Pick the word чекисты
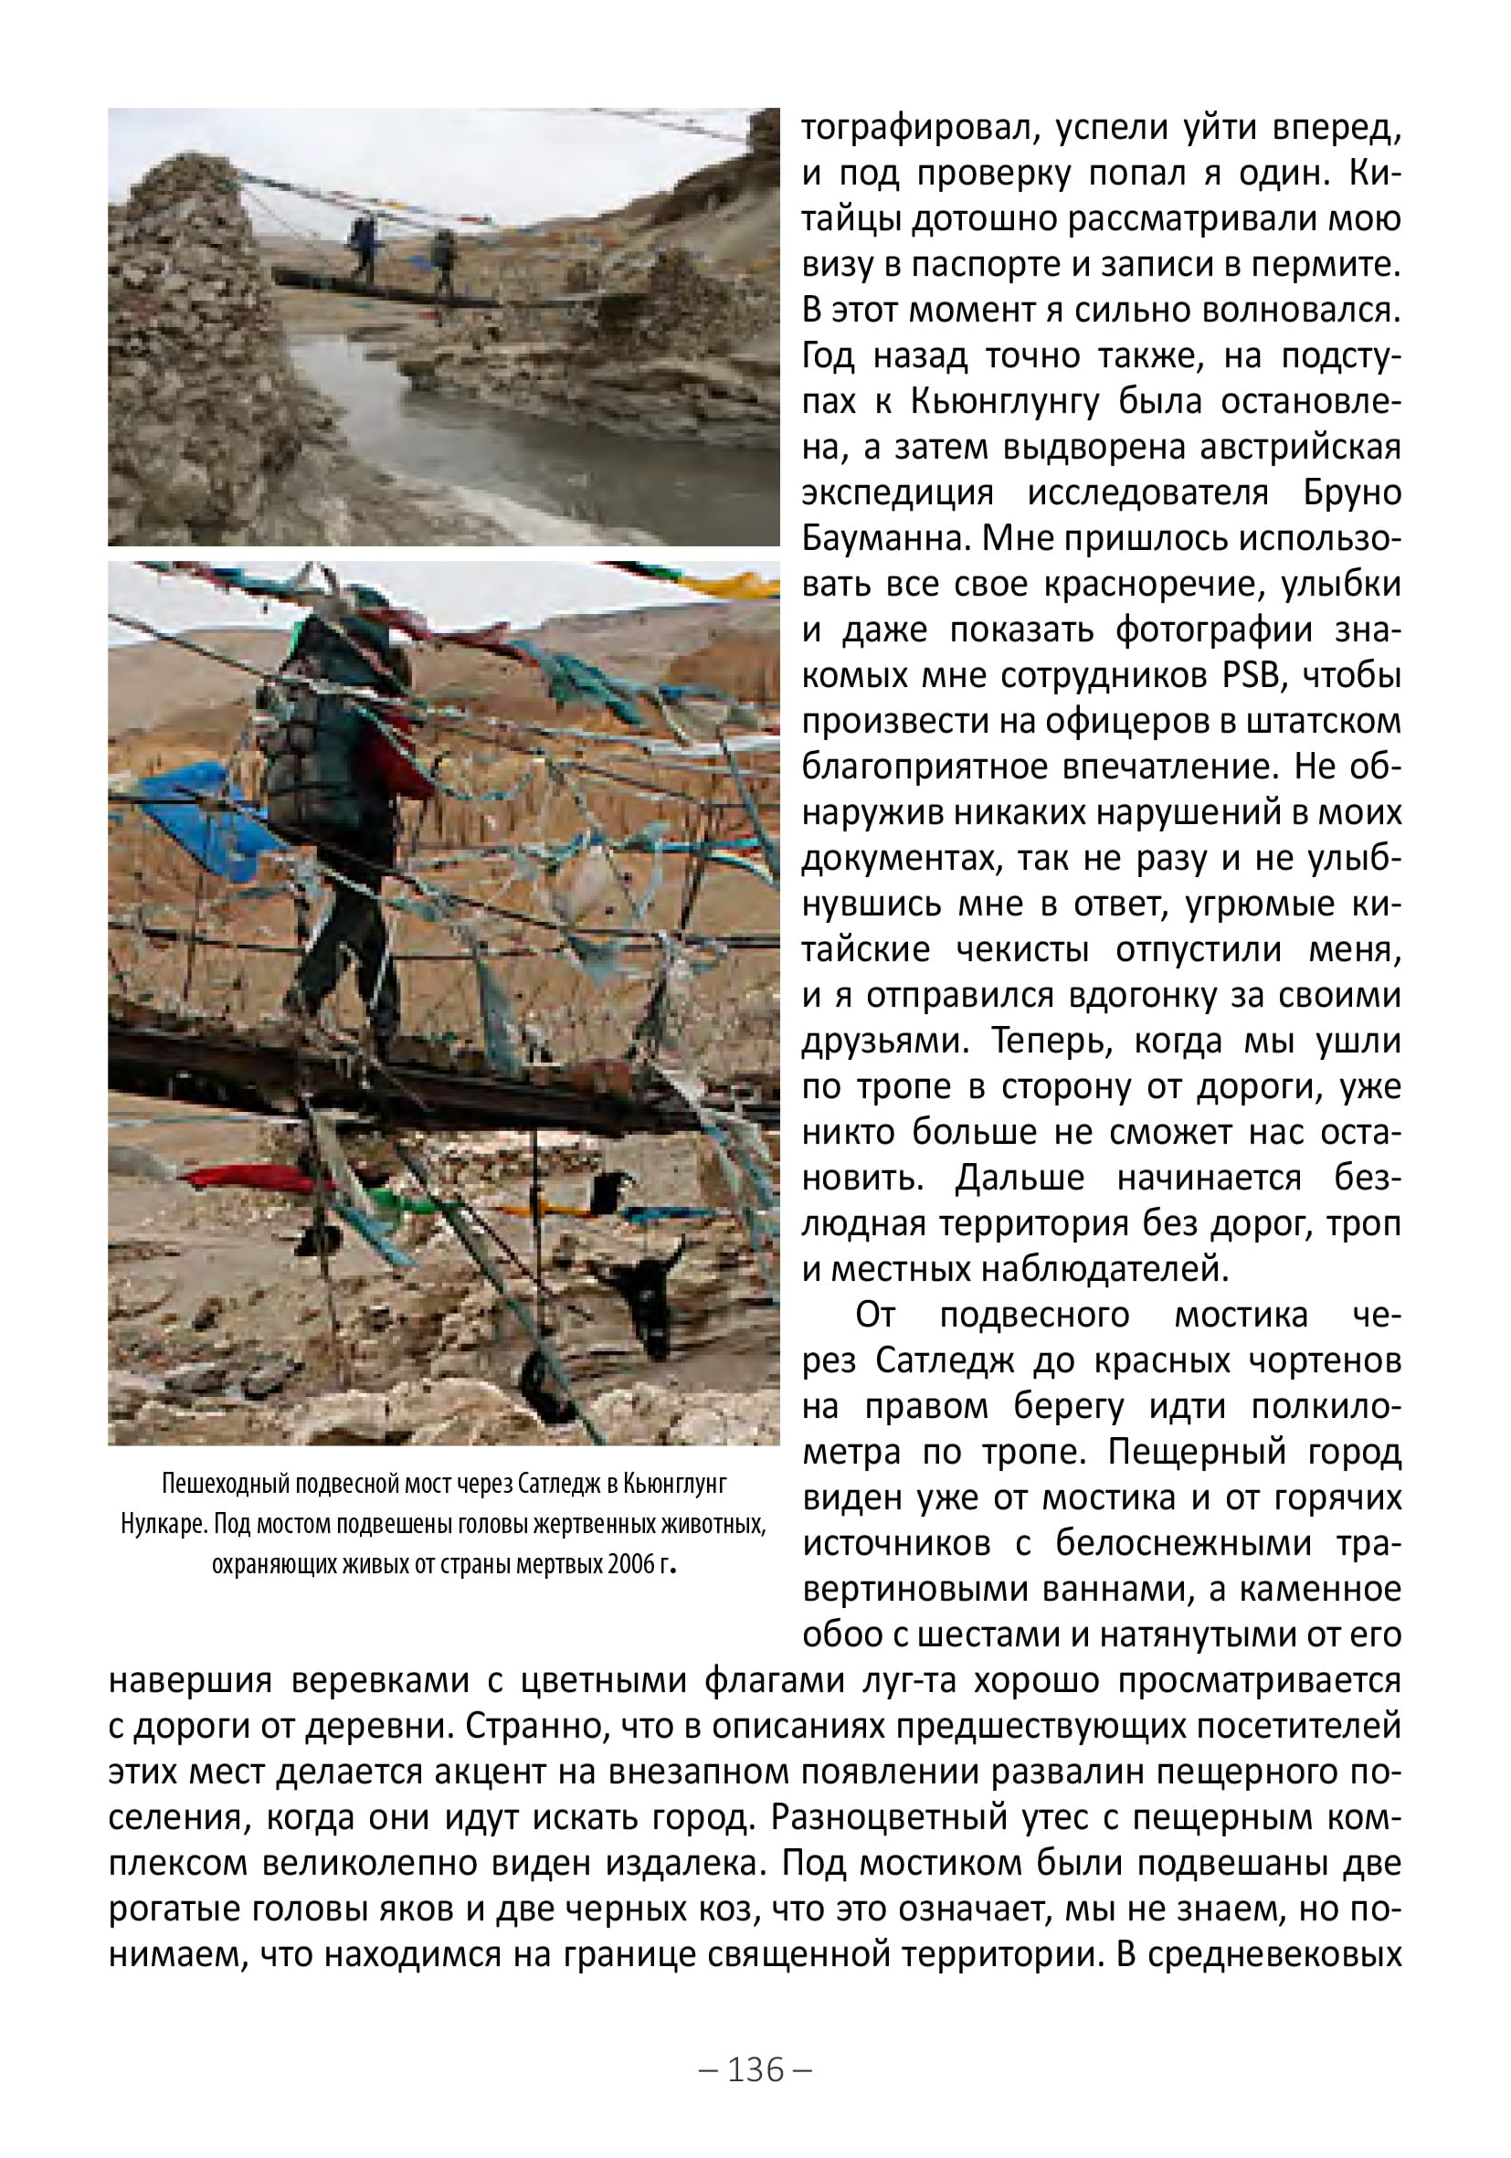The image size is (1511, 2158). coord(1023,949)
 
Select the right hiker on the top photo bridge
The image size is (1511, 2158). coord(441,260)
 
